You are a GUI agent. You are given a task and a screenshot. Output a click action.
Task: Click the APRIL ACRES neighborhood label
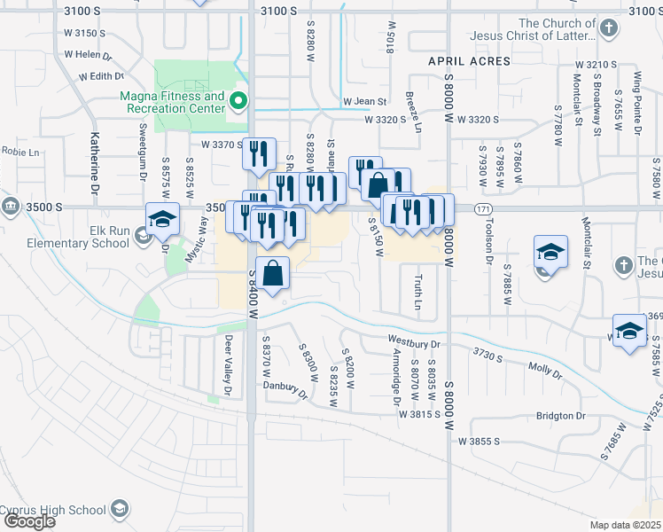(x=469, y=61)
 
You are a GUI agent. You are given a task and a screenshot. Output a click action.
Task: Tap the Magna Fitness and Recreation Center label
(x=173, y=102)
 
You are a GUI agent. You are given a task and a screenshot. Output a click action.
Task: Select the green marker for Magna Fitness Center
(x=238, y=101)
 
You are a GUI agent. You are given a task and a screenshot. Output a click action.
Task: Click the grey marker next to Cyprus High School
(x=119, y=509)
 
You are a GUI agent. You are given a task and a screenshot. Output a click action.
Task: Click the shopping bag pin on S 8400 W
(x=275, y=277)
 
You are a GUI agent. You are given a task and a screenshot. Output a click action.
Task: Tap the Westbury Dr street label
(x=414, y=340)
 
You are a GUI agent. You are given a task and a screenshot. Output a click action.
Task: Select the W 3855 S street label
(x=480, y=441)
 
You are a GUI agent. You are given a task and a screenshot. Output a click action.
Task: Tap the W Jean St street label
(x=366, y=102)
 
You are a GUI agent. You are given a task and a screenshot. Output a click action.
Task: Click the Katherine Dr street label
(x=93, y=163)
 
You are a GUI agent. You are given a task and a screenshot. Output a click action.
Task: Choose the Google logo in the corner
(x=29, y=521)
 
